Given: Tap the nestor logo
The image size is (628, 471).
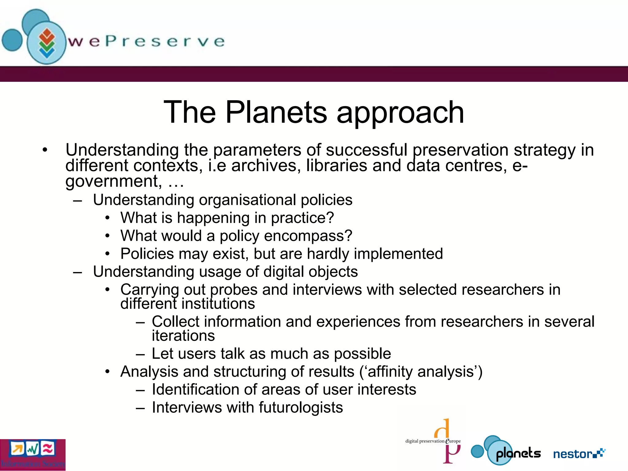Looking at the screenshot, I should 579,454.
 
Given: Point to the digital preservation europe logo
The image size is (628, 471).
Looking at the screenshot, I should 433,441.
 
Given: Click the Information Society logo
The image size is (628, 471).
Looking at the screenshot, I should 33,455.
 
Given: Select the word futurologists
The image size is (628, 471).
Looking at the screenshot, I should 301,408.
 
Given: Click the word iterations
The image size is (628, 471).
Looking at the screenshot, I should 183,336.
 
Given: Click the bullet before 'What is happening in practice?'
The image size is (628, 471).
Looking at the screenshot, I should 107,218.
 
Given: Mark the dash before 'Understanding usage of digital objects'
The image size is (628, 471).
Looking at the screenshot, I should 78,272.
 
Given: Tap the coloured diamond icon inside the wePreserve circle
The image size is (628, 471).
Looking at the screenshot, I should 47,43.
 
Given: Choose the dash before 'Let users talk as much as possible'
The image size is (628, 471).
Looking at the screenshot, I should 140,354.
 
